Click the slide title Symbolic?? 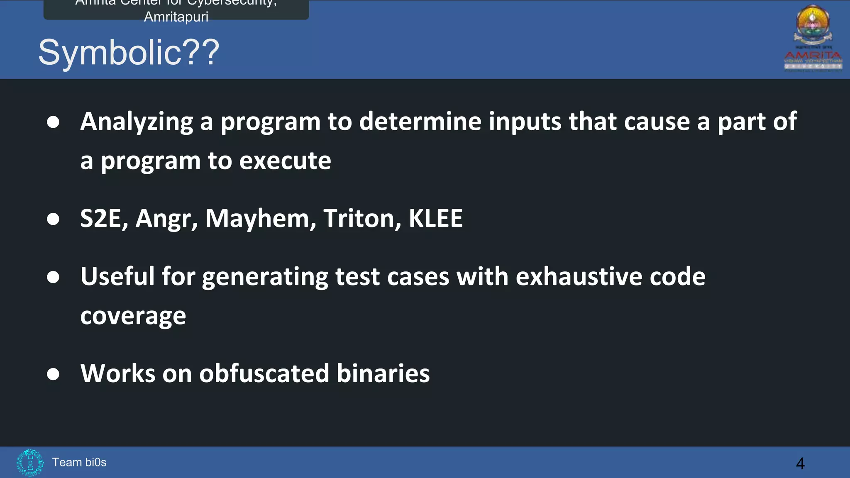tap(129, 53)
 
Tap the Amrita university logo tap(813, 39)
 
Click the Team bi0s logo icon tap(30, 462)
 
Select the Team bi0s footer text tap(79, 462)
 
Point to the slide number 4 tap(800, 463)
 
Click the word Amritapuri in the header tap(176, 17)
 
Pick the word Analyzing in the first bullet tap(137, 122)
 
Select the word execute tap(285, 161)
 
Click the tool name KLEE tap(435, 219)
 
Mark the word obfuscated tap(264, 373)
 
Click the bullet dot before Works tap(53, 374)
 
